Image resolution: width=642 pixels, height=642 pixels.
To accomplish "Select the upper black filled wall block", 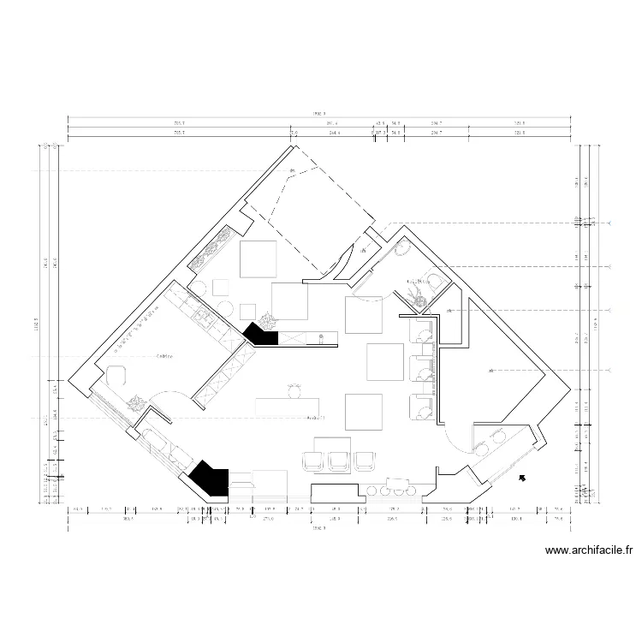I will coord(261,335).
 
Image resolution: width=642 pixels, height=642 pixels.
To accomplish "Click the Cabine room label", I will coord(166,355).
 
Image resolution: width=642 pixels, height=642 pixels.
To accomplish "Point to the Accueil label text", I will coord(317,418).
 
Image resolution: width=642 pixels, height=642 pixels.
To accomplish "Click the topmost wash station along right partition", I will coord(422,329).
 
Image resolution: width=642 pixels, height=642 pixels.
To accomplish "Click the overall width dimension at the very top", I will coord(318,113).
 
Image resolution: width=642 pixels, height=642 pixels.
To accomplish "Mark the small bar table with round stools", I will coord(396,485).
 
